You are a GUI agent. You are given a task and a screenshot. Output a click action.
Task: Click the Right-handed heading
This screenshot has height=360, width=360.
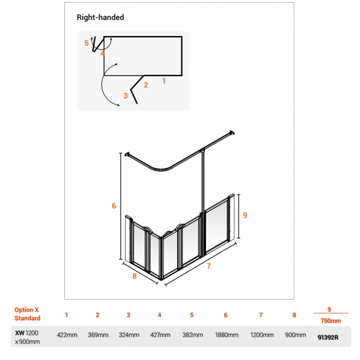tap(100, 17)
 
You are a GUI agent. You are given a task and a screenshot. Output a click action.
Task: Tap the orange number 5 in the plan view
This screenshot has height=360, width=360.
tap(86, 43)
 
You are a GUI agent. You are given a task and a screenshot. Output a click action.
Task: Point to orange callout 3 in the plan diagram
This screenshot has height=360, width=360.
tap(125, 95)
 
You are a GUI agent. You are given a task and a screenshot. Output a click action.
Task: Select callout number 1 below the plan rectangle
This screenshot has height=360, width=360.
tap(164, 81)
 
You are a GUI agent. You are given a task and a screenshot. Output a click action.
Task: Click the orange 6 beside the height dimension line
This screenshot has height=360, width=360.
tap(114, 205)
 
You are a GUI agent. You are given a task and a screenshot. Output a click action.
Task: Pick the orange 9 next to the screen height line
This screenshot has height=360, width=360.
tap(245, 215)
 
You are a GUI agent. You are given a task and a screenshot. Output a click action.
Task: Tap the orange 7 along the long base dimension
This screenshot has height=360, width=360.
tap(208, 266)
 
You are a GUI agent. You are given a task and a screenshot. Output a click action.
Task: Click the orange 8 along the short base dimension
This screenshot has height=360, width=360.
tap(135, 276)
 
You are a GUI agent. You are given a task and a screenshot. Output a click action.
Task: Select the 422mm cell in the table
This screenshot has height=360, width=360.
tap(67, 335)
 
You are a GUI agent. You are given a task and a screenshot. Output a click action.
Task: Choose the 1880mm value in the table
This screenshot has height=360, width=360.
tap(227, 335)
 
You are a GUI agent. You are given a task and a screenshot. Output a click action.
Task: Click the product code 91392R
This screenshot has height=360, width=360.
tap(328, 337)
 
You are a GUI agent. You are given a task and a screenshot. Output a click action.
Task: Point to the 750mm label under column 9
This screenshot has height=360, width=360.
tap(331, 321)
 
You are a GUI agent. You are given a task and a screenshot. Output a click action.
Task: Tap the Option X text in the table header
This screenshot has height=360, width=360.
tap(27, 310)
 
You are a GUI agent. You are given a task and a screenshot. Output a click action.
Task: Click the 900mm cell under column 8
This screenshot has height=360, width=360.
tap(295, 335)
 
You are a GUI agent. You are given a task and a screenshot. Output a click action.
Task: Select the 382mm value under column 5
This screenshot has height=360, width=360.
tap(193, 335)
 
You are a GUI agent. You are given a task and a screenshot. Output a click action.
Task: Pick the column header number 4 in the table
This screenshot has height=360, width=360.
tap(160, 315)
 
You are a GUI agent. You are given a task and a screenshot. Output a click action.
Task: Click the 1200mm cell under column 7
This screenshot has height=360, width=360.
tap(262, 335)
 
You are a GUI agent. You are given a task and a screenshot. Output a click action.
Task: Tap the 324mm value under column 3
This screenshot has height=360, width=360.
tap(129, 335)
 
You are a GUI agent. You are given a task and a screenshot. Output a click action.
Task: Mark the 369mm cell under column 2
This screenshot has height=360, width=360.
tap(98, 335)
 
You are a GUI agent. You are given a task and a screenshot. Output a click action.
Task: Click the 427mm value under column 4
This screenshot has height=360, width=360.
tap(160, 335)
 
